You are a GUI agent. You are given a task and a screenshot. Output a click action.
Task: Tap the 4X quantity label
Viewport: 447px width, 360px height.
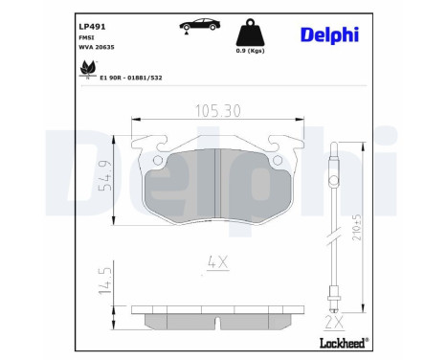(x=217, y=259)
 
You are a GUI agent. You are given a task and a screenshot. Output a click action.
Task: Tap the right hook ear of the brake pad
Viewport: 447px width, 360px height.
(x=283, y=146)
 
